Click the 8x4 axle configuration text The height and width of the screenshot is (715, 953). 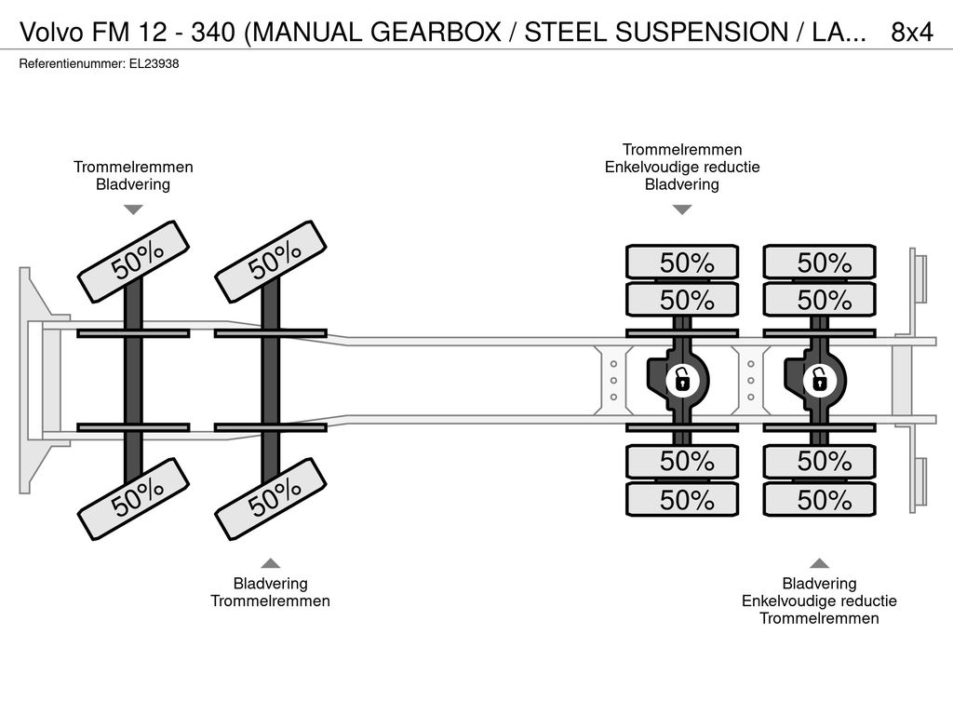911,33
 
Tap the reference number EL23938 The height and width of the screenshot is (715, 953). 154,64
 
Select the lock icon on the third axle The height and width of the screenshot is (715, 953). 682,381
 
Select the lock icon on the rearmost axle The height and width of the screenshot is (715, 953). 819,381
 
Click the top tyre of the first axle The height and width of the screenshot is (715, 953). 133,262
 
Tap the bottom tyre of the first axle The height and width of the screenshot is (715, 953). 133,499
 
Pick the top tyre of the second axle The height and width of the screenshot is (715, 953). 271,262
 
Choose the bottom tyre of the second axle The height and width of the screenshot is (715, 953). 271,499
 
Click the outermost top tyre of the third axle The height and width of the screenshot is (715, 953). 682,262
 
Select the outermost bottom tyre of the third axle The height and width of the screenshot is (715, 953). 682,500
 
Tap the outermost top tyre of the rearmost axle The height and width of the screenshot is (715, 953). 819,262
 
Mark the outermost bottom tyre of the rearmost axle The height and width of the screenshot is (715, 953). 819,500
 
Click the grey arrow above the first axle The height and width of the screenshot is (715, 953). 133,209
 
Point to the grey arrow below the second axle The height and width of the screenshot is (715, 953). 271,563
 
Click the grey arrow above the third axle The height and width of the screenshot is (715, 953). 682,209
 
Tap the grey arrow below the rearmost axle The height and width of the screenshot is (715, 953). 819,563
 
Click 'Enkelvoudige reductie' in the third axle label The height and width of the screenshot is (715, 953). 682,168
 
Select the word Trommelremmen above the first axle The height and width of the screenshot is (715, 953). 133,168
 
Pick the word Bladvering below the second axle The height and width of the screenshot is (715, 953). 271,584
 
